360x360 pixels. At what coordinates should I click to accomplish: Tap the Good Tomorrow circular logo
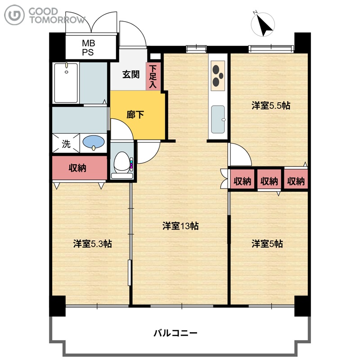click(14, 15)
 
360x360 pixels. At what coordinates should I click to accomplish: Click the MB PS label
click(88, 48)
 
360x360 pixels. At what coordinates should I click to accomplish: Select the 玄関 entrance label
click(130, 75)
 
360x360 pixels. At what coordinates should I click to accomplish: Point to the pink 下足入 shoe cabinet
click(153, 76)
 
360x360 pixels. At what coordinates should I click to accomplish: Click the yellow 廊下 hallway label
click(135, 115)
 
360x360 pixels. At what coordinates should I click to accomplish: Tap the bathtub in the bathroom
click(66, 83)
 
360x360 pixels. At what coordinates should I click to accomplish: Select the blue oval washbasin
click(94, 142)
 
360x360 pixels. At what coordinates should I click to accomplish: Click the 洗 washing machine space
click(66, 144)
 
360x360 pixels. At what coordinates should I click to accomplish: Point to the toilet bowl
click(122, 162)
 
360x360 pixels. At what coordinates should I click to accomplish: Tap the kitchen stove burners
click(218, 76)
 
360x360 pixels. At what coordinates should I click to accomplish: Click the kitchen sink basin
click(218, 119)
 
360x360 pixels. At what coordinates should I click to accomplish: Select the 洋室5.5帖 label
click(271, 106)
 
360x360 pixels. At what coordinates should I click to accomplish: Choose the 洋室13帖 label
click(180, 226)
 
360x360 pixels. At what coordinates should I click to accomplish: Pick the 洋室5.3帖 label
click(93, 243)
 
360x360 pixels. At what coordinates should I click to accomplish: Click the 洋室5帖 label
click(267, 243)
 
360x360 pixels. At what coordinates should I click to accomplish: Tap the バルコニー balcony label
click(175, 333)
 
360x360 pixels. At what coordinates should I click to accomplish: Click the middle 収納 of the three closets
click(269, 181)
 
